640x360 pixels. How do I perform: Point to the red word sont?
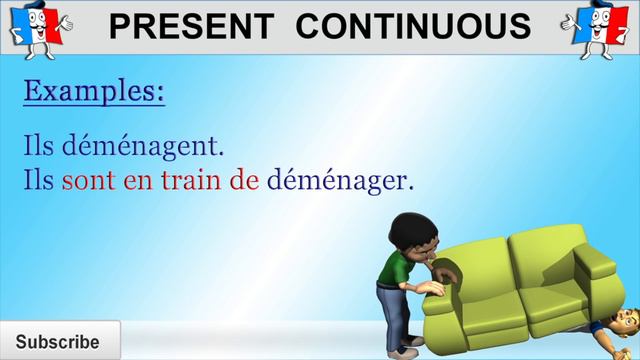87,181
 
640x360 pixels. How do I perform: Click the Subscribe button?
58,341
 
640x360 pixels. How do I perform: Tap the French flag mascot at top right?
600,28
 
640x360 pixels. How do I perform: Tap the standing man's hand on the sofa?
432,289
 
